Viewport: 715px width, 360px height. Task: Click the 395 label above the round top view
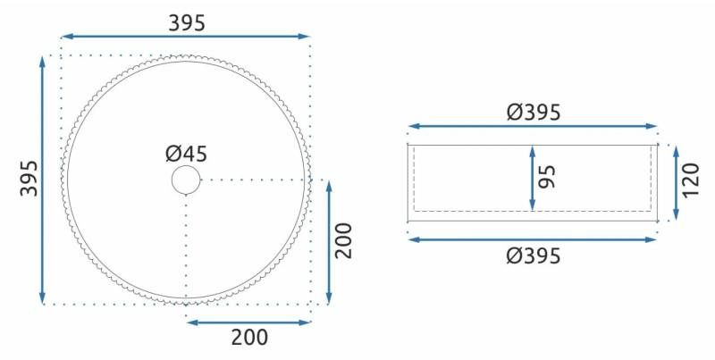click(187, 23)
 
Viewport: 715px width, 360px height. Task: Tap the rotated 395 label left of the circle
click(29, 178)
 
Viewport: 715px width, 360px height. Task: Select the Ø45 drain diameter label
click(186, 154)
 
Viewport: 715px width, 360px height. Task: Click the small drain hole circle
click(186, 180)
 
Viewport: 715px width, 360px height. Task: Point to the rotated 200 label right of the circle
click(344, 240)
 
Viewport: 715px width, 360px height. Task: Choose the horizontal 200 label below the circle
click(249, 338)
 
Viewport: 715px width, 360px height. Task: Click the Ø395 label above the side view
click(533, 112)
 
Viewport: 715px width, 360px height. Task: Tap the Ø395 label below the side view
click(533, 256)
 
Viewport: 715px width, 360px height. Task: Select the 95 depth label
click(547, 177)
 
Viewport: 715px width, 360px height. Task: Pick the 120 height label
click(690, 180)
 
